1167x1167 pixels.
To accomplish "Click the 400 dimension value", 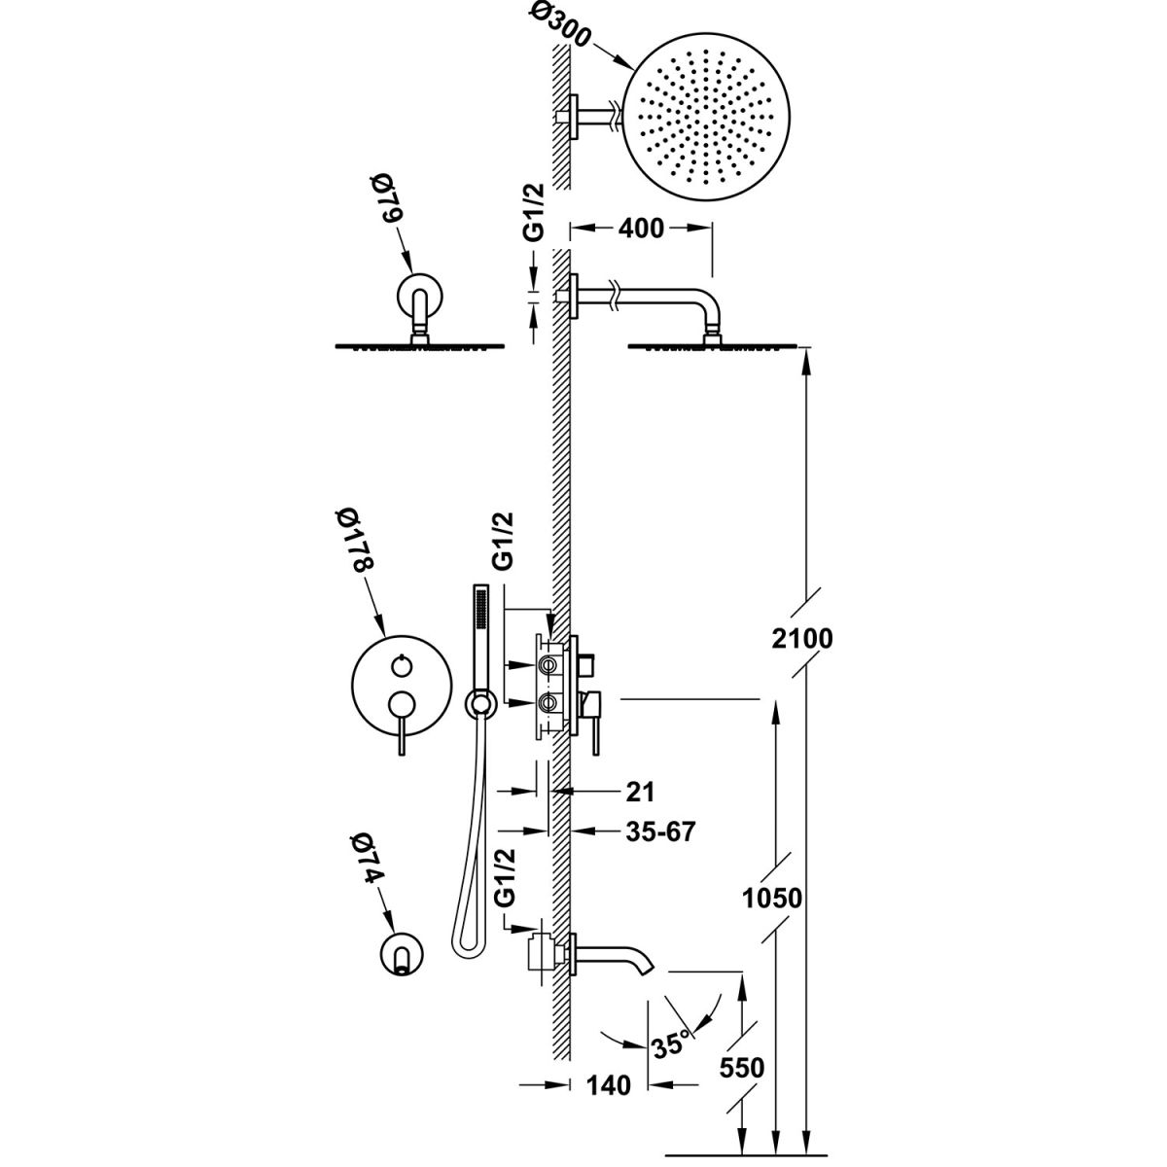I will point(642,229).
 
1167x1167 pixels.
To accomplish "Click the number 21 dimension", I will point(639,791).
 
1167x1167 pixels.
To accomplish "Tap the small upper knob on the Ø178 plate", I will point(399,664).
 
